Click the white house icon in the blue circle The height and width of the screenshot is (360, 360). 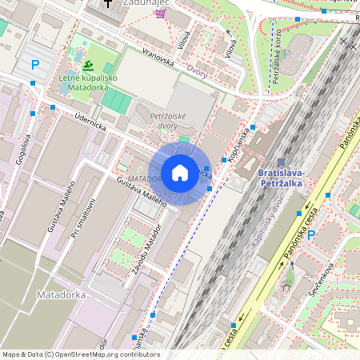tap(180, 173)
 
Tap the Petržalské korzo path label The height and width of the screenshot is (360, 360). tap(275, 61)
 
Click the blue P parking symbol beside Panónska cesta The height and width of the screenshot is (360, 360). tap(311, 234)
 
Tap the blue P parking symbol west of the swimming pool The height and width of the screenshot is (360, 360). tap(34, 64)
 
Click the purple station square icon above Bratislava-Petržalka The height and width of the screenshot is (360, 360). tap(281, 162)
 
